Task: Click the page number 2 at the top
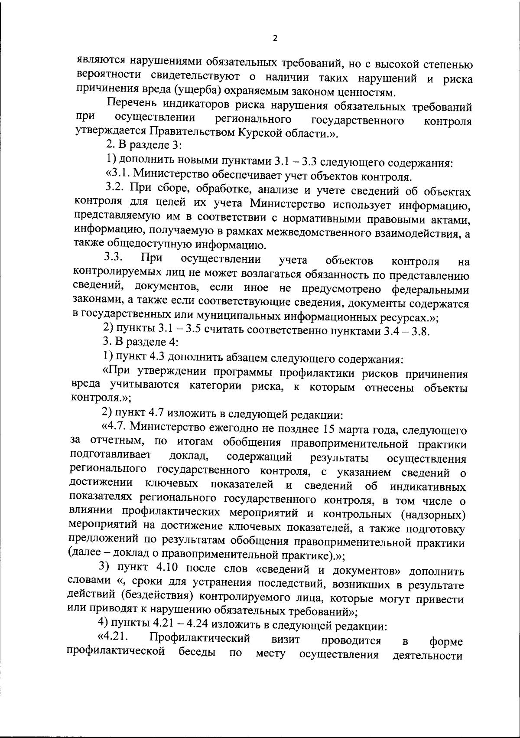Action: [275, 38]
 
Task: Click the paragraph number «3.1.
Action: [118, 175]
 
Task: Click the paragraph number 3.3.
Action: [114, 258]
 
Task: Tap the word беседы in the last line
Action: [197, 653]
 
